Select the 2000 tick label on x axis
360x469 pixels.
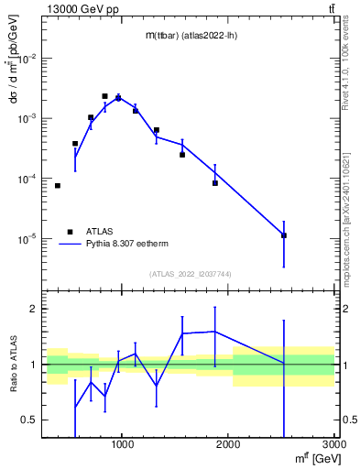227,444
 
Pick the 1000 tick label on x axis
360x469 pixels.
123,444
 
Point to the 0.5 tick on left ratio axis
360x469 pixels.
30,420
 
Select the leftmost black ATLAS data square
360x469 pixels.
58,186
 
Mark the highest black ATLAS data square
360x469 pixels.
105,96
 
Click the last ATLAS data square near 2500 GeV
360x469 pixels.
284,235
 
